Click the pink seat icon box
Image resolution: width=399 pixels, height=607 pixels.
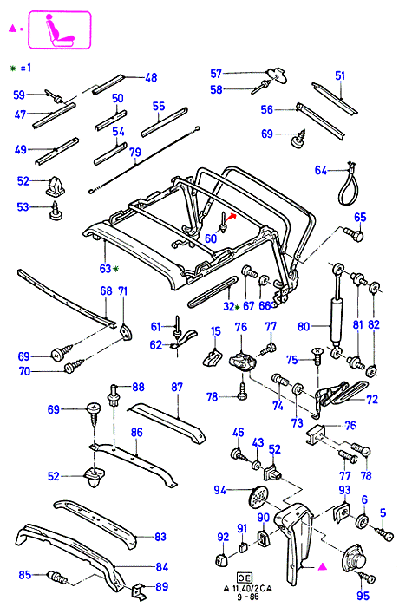pos(59,29)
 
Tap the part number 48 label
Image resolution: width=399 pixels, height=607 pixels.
pos(151,78)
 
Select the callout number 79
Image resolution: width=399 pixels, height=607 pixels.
pos(135,152)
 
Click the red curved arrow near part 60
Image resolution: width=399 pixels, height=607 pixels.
pos(232,218)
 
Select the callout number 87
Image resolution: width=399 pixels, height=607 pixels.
pos(177,387)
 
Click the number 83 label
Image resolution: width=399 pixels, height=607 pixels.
pos(160,537)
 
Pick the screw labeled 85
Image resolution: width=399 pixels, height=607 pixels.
pos(57,578)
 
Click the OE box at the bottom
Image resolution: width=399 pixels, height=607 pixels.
pos(245,578)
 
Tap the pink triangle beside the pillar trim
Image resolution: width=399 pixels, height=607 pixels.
pos(323,567)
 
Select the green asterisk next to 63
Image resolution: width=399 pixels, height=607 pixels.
pos(116,268)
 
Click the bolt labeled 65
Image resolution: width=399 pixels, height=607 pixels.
pos(354,234)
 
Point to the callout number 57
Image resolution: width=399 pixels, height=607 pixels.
pos(216,74)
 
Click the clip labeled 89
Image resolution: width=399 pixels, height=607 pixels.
pos(139,590)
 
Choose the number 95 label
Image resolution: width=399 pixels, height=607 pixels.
pos(363,596)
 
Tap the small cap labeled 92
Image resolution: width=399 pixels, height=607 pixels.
pos(221,559)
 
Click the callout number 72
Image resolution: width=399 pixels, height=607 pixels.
pos(372,399)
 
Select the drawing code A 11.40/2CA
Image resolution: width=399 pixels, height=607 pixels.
pos(248,589)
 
